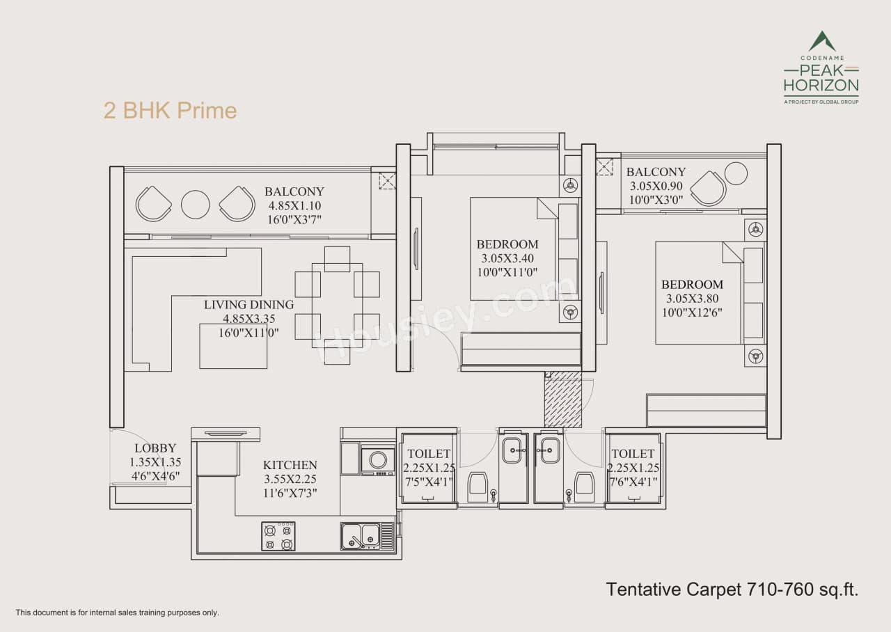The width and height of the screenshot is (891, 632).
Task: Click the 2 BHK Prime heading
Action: point(170,111)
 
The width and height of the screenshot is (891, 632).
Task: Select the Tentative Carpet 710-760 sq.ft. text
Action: point(732,590)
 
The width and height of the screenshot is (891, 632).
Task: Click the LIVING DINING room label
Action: point(249,305)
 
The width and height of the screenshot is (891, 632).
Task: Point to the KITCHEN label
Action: point(290,465)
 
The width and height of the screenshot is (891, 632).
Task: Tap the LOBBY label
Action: point(155,448)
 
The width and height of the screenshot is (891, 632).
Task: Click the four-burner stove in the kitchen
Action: point(278,536)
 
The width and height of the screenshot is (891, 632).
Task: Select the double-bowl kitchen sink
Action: point(361,536)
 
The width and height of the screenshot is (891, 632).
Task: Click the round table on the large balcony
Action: point(196,204)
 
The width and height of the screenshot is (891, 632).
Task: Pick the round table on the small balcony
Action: point(736,173)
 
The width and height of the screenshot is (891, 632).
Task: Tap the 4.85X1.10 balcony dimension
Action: point(294,206)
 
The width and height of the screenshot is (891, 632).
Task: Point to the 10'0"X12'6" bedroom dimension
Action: point(692,313)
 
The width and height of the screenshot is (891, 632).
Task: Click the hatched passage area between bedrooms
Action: point(562,400)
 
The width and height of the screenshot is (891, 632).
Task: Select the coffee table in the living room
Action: point(233,346)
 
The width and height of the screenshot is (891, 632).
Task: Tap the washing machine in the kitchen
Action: point(378,459)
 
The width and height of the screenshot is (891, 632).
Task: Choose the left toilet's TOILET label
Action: point(429,454)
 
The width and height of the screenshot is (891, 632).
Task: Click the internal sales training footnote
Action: point(118,613)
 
